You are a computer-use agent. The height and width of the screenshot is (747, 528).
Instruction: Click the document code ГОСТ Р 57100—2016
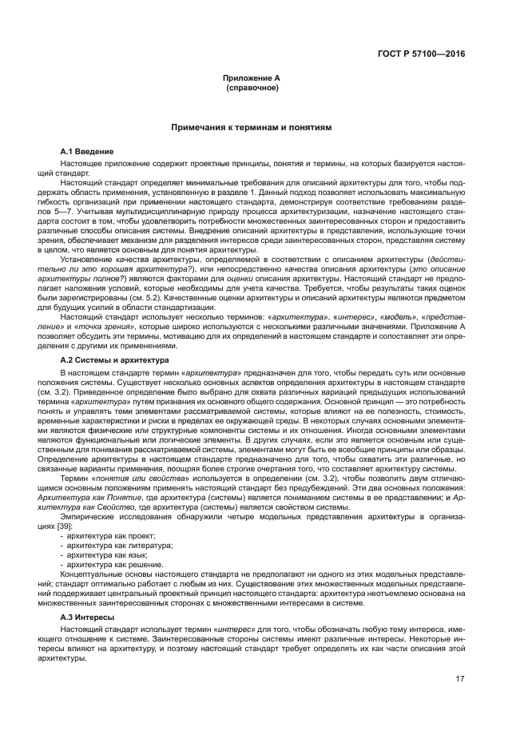422,54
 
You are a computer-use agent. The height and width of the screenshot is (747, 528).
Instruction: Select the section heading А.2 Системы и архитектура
114,360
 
